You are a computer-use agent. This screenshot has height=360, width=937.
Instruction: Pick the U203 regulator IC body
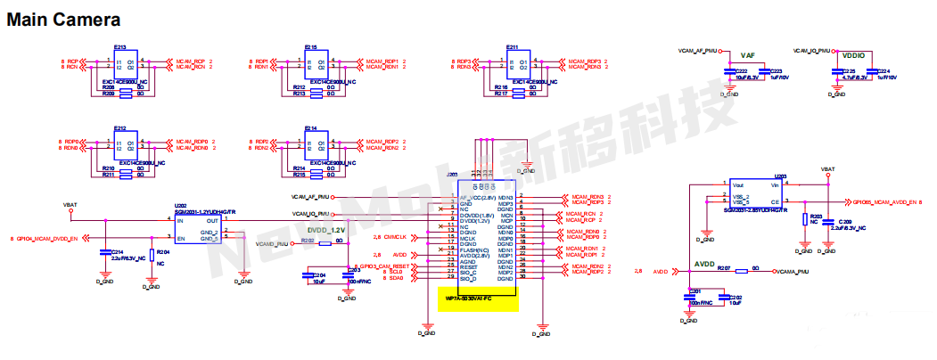click(757, 195)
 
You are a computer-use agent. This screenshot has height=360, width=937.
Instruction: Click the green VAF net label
click(746, 55)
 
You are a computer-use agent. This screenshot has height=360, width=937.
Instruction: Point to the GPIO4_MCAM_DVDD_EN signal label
click(45, 239)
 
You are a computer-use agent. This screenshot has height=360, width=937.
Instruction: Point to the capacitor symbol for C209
click(830, 224)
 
